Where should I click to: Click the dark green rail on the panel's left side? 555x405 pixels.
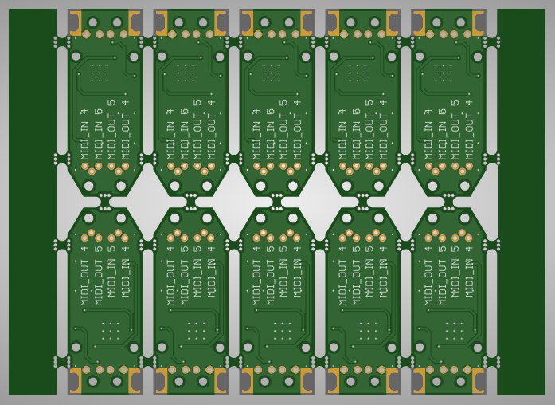(x=33, y=202)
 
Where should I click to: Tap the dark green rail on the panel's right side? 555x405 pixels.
(x=521, y=202)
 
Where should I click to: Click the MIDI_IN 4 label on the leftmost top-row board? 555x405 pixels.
(x=84, y=135)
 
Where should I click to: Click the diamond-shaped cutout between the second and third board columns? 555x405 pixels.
(x=233, y=202)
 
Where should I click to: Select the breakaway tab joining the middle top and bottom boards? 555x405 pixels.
(x=277, y=202)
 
